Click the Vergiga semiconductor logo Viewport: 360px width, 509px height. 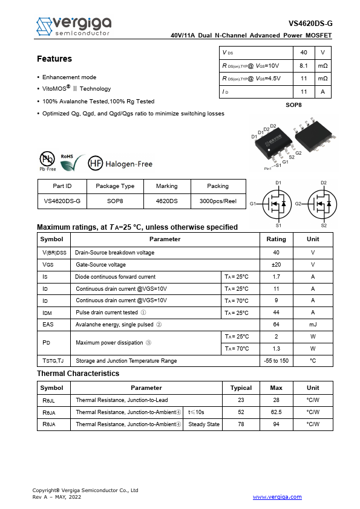point(73,25)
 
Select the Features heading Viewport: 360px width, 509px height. point(54,59)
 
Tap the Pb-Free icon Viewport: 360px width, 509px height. point(47,160)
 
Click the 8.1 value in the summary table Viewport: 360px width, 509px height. point(304,65)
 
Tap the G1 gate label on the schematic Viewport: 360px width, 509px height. point(253,204)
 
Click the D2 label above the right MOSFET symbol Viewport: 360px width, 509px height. point(324,183)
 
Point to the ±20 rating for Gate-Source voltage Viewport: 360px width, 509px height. point(276,265)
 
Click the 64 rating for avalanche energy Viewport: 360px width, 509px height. point(276,325)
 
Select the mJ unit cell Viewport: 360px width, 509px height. point(313,325)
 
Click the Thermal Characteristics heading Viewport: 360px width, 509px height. point(78,374)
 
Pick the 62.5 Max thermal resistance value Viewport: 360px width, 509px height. point(276,412)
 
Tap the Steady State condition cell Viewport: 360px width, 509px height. point(204,424)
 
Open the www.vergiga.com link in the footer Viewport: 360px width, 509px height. point(277,497)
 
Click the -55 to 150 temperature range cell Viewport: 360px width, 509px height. point(276,361)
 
